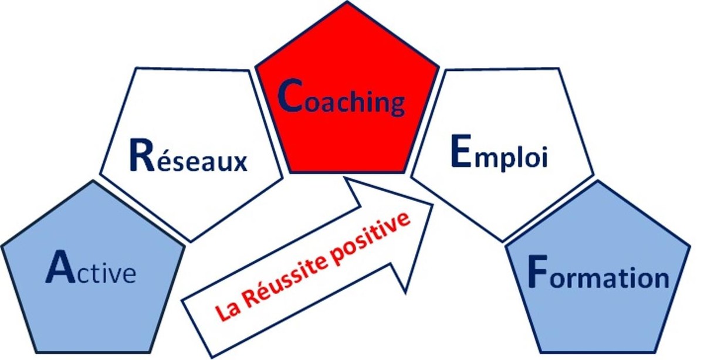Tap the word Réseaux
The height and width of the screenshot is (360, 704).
point(188,156)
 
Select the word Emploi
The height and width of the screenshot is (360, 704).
point(499,153)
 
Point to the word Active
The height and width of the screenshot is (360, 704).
point(91,267)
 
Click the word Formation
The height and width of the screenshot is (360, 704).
point(599,272)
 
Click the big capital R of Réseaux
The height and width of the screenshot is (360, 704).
point(142,155)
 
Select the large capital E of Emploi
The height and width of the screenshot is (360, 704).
point(461,151)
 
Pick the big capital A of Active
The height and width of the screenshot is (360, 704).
point(60,267)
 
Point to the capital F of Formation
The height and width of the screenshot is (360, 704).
point(538,271)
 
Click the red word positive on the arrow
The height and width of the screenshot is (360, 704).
point(370,240)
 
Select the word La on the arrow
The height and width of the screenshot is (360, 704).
point(228,310)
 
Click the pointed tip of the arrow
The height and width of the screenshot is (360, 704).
point(433,205)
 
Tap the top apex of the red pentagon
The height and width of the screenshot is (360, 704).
point(347,2)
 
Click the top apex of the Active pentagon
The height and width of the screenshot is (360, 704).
point(93,181)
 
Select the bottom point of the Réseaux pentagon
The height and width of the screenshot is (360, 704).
point(191,242)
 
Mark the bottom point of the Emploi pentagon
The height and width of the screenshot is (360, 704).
point(502,242)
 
